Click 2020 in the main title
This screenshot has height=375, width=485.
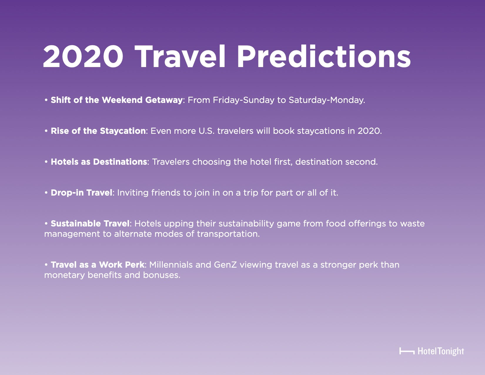click(x=83, y=56)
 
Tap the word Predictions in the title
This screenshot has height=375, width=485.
click(x=324, y=56)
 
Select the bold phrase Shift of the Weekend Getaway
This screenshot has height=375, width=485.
click(x=116, y=100)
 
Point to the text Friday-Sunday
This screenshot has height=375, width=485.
click(x=243, y=100)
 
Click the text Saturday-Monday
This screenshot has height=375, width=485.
click(x=327, y=100)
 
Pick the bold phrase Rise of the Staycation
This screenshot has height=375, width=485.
click(x=98, y=131)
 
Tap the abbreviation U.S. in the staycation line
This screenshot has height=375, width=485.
click(x=206, y=131)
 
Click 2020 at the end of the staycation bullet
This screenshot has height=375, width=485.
click(x=369, y=131)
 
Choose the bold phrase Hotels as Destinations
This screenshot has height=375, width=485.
click(x=99, y=162)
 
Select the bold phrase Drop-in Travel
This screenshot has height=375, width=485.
click(x=81, y=193)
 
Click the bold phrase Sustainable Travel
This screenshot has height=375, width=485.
click(x=90, y=223)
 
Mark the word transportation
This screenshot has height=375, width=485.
click(x=228, y=234)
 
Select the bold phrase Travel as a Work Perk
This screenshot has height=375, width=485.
click(x=98, y=265)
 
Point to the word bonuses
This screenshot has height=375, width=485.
click(x=161, y=275)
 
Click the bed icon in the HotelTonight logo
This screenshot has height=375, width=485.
click(x=407, y=351)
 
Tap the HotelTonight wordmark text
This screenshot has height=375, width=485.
click(x=441, y=351)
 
